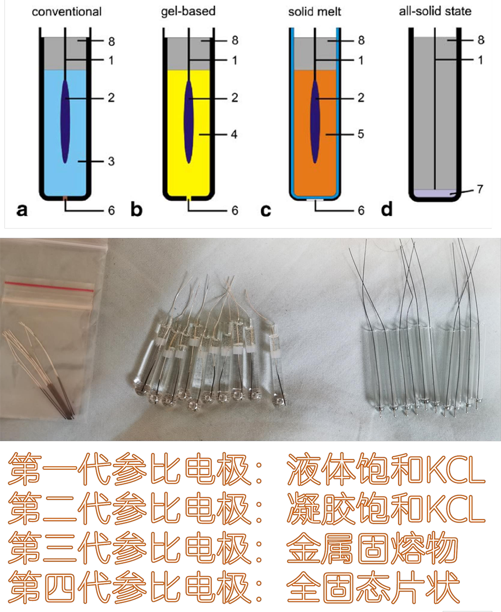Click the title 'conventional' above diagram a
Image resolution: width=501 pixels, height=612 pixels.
tap(67, 12)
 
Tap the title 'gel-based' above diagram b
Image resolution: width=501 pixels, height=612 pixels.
tap(188, 11)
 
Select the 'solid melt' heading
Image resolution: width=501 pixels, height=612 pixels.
tap(315, 12)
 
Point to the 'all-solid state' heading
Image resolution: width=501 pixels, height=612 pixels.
tap(435, 11)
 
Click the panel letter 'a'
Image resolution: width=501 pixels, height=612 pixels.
tap(22, 210)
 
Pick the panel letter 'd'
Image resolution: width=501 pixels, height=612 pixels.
tap(386, 210)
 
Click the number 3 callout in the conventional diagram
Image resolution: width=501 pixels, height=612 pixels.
tap(111, 161)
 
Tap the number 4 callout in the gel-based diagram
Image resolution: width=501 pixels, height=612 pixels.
tap(234, 134)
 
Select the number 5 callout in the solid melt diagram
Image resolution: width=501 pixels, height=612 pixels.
tap(361, 134)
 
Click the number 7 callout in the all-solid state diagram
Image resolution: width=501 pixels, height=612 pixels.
tap(480, 190)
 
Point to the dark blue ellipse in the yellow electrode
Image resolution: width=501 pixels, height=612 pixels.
tap(188, 121)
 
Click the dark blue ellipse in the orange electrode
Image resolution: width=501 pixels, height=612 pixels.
tap(315, 121)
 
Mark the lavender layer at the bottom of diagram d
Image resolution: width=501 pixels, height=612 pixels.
tap(434, 193)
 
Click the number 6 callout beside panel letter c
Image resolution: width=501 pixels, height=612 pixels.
tap(361, 210)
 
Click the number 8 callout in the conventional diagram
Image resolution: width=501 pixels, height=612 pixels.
tap(111, 41)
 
